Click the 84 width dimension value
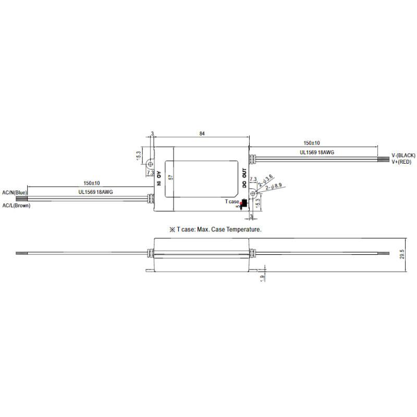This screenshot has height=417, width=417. [x=202, y=134]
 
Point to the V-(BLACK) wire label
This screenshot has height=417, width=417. [x=403, y=156]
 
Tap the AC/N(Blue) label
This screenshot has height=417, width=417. [x=15, y=193]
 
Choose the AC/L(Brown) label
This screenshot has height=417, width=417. [x=16, y=206]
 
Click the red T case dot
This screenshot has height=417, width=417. [x=241, y=203]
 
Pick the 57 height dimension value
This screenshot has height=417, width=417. [x=170, y=177]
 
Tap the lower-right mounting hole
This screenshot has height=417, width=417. [x=252, y=193]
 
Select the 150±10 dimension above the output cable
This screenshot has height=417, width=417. [x=311, y=143]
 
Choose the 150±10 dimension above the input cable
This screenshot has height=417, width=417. [x=91, y=183]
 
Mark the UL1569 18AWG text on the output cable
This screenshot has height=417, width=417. [x=316, y=152]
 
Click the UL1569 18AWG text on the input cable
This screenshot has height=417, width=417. [x=96, y=192]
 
